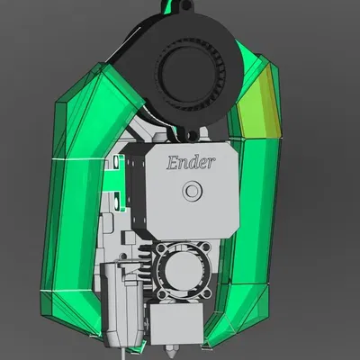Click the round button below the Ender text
[x=191, y=192]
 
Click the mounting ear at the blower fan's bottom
[x=192, y=134]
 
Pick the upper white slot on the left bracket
[x=118, y=164]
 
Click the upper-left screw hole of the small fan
[x=163, y=249]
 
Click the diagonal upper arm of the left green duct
[x=99, y=108]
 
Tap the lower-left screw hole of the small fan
[x=163, y=292]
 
